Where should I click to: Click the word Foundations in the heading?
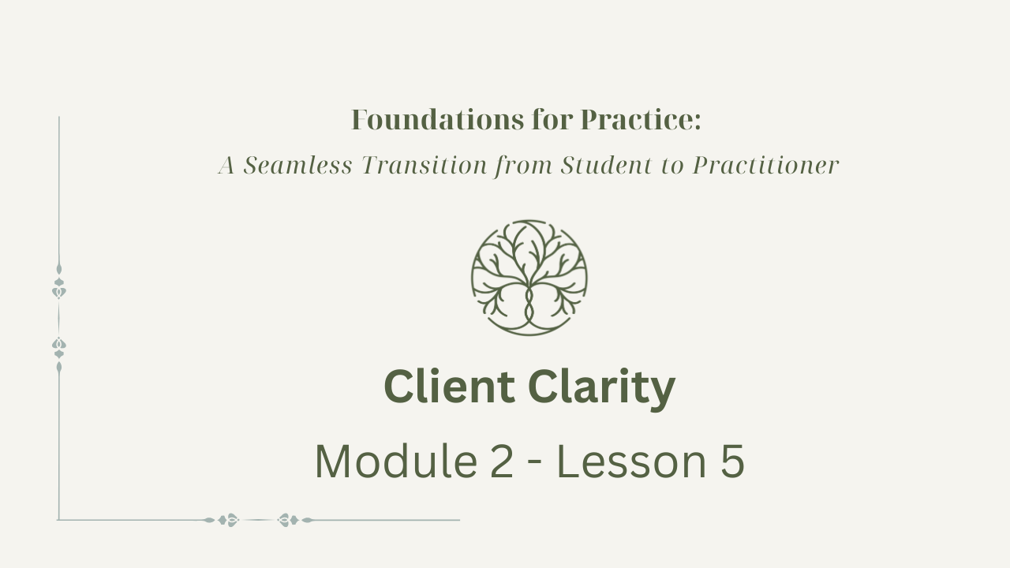point(437,119)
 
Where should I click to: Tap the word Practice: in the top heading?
point(640,119)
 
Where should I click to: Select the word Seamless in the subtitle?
point(297,165)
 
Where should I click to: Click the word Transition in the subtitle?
point(425,165)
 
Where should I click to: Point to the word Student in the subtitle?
point(607,165)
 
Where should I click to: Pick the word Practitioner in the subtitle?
point(765,165)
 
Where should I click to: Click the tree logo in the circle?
point(529,278)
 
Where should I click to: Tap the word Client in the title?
point(450,387)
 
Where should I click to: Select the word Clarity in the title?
point(601,389)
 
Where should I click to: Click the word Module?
point(396,461)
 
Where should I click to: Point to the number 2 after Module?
point(501,461)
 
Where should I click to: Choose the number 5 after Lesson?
point(731,461)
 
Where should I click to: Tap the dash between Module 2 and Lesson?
point(535,465)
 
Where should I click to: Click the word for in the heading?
point(552,119)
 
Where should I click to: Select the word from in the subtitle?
point(523,166)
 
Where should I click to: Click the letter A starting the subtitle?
point(226,165)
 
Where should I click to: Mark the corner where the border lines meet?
point(58,520)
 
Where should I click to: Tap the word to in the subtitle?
point(672,166)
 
